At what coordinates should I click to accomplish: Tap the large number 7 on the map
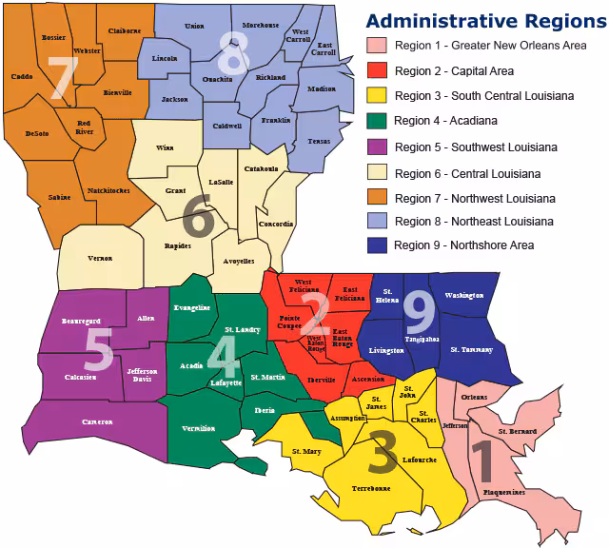point(63,79)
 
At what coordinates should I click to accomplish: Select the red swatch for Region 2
point(377,70)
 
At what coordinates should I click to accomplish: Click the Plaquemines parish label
point(503,493)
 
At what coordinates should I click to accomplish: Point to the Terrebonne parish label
point(371,488)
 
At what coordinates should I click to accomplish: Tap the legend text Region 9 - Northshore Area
point(463,245)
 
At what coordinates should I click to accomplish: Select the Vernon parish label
point(100,258)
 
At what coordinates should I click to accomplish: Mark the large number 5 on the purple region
point(98,349)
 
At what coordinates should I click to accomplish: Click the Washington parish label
point(464,296)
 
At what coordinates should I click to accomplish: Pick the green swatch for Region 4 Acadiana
point(377,121)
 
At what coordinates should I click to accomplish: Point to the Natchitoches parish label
point(109,192)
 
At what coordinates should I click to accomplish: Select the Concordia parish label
point(275,224)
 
